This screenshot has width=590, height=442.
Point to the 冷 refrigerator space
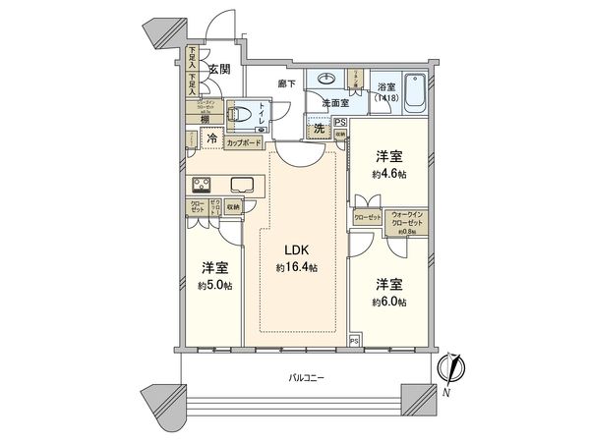pos(211,140)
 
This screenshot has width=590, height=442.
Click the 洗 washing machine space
pos(318,129)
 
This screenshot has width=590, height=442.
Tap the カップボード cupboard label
pos(243,143)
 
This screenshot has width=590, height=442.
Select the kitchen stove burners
pos(202,184)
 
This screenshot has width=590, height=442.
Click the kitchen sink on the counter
pos(243,184)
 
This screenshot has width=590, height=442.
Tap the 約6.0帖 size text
pos(388,302)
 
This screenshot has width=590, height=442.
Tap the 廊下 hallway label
pos(287,85)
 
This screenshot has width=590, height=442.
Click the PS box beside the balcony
pos(355,341)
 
